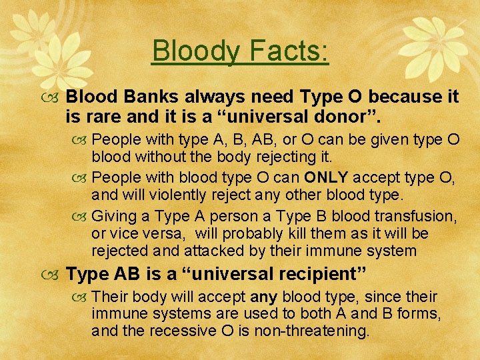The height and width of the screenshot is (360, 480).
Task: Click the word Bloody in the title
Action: click(192, 51)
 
